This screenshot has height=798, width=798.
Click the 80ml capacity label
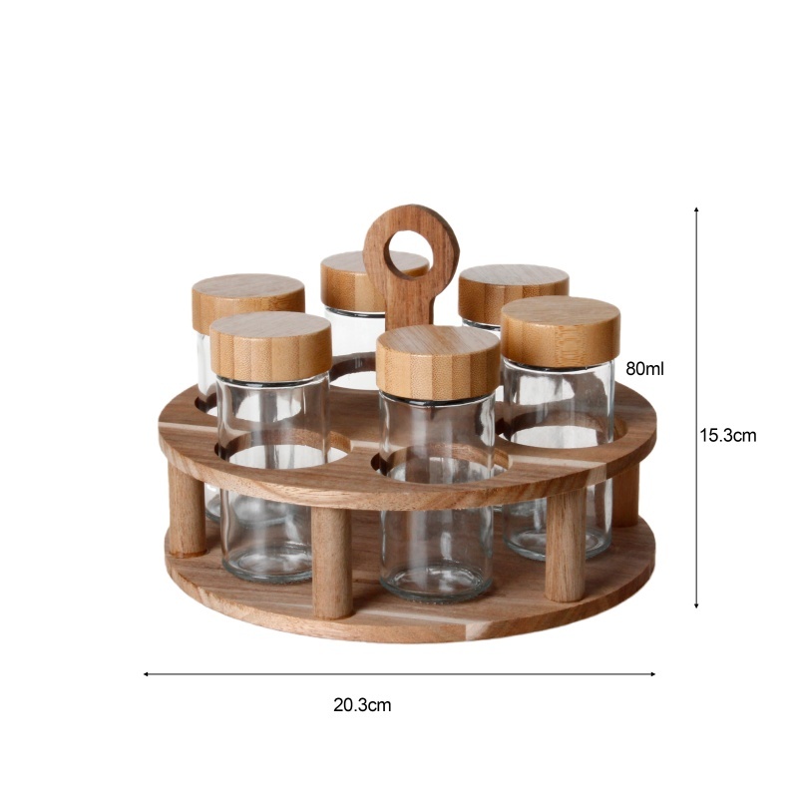tap(644, 368)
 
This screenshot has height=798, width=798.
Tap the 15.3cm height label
tap(728, 436)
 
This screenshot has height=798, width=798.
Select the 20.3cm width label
tap(362, 705)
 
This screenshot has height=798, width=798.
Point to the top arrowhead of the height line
tap(696, 209)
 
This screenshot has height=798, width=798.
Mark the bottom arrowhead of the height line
tap(696, 605)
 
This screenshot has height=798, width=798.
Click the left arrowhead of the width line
tap(146, 674)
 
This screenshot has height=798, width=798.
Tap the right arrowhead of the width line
tap(652, 674)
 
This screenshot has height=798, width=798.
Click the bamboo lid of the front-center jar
tap(438, 362)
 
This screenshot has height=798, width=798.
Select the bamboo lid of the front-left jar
tap(270, 346)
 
